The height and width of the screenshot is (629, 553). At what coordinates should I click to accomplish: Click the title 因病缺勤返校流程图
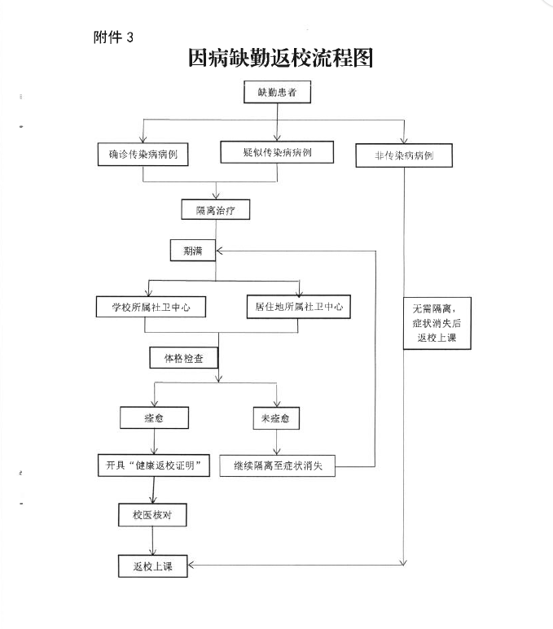click(281, 58)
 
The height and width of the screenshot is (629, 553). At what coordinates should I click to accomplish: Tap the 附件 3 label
click(113, 37)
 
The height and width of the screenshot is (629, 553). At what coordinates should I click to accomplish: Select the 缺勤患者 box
click(277, 92)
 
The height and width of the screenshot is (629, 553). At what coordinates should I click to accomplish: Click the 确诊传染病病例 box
click(143, 155)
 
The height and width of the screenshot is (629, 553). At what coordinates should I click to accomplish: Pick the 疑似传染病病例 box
click(277, 152)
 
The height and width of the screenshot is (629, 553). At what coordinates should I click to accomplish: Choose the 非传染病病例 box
click(404, 155)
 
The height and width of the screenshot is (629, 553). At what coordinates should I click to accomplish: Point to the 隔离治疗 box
click(216, 210)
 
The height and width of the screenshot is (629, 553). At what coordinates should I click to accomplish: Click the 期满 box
click(193, 251)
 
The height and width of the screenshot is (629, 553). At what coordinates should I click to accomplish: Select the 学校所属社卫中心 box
click(151, 308)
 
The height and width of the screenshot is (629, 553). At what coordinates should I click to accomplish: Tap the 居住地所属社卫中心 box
click(299, 307)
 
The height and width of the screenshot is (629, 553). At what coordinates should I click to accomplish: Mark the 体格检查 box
click(184, 358)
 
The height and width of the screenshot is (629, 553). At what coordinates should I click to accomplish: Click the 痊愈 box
click(154, 418)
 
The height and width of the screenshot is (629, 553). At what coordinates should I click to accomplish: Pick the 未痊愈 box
click(276, 418)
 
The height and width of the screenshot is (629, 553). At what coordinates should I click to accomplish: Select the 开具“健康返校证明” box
click(154, 465)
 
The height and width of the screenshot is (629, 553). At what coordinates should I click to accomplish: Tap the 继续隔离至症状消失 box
click(278, 465)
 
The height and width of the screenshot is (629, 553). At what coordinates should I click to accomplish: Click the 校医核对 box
click(152, 515)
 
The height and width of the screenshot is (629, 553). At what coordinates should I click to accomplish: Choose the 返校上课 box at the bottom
click(153, 566)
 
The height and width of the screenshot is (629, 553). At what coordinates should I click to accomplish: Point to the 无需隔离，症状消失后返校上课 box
click(437, 323)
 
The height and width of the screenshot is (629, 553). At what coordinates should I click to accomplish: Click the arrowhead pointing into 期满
click(219, 251)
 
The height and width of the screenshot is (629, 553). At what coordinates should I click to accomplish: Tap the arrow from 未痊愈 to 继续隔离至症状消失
click(276, 442)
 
